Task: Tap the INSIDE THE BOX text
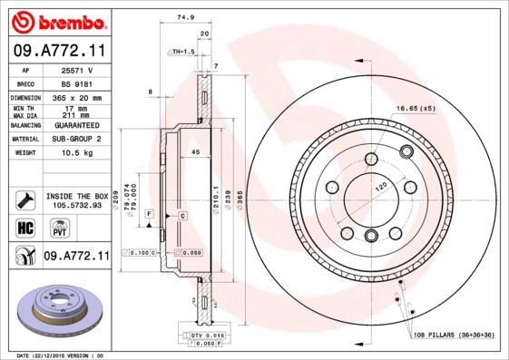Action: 76,196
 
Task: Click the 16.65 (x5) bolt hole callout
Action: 416,109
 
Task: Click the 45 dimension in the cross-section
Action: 195,153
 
